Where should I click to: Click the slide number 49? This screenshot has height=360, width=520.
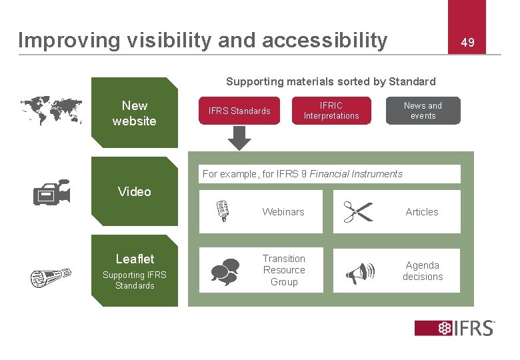pos(467,43)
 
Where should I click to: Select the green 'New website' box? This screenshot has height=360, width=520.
pos(135,113)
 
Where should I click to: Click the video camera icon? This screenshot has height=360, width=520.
pos(51,193)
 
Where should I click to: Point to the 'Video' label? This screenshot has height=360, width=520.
pos(135,192)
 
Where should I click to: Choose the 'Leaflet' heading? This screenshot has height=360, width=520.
pos(135,259)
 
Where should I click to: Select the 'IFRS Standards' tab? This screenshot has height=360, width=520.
pos(239,111)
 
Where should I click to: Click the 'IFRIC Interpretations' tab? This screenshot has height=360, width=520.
pos(331,111)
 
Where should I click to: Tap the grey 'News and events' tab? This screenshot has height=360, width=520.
pos(423,111)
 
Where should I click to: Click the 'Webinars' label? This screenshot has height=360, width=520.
pos(283,212)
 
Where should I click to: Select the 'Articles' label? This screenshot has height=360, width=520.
pos(422,212)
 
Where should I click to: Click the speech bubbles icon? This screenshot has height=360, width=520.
pos(225,271)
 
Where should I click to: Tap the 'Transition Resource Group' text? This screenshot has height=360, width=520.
pos(284,270)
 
